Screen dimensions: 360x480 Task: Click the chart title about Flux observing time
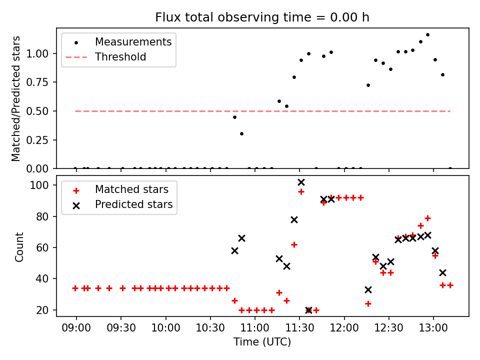click(x=262, y=17)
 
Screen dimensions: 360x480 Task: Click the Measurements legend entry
click(x=133, y=41)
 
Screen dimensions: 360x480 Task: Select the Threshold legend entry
click(x=120, y=57)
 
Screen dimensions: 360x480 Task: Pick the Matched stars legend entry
click(x=131, y=189)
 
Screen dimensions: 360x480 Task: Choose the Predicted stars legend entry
click(x=133, y=204)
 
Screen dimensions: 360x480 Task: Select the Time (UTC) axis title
click(x=262, y=342)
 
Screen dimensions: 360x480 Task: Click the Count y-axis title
click(x=19, y=246)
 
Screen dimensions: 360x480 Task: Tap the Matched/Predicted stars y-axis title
click(x=16, y=98)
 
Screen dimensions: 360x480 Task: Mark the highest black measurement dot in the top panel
click(x=427, y=34)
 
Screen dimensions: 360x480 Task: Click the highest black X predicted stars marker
click(x=301, y=182)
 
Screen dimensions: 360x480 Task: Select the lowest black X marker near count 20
click(x=308, y=310)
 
